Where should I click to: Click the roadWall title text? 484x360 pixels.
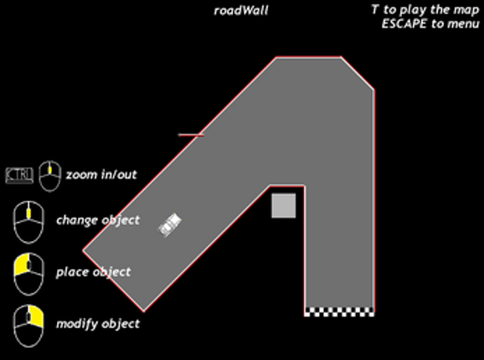[241, 11]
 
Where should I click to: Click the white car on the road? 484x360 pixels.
[170, 225]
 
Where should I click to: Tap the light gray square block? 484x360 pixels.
[284, 206]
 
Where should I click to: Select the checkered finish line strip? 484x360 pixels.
[339, 311]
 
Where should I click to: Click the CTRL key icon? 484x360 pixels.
[19, 176]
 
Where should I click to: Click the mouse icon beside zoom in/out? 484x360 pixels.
[49, 176]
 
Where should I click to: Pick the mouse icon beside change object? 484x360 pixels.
[28, 223]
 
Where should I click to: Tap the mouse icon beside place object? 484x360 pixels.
[28, 275]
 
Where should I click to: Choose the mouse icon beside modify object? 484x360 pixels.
[28, 326]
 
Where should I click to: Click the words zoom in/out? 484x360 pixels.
[101, 175]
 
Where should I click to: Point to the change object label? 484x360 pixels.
[98, 220]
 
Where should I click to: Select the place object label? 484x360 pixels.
[93, 272]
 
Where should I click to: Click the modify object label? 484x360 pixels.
[98, 324]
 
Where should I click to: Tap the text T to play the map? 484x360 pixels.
[425, 10]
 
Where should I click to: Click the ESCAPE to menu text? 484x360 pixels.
[430, 23]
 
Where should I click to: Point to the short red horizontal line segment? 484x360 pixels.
[191, 135]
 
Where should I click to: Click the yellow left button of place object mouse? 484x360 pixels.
[21, 265]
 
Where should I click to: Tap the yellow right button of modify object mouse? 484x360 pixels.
[36, 316]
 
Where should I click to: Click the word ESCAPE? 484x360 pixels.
[404, 23]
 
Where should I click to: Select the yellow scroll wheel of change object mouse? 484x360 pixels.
[28, 213]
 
